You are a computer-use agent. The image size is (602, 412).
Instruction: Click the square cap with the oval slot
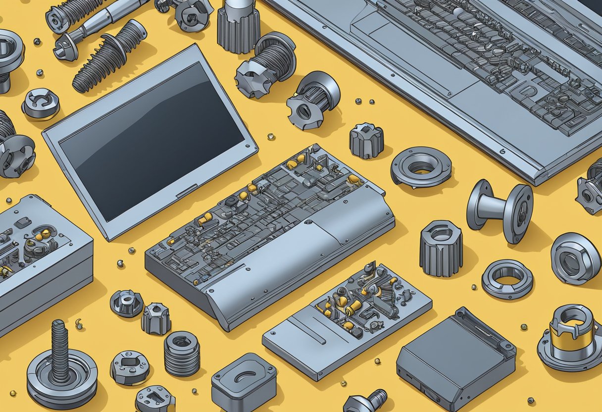tap(244, 381)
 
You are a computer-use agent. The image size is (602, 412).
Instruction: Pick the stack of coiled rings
tap(182, 353)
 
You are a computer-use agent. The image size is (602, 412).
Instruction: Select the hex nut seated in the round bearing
tap(575, 258)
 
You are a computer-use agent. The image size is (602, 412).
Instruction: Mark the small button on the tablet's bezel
tap(187, 191)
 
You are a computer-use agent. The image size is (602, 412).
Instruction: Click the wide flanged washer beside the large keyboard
tap(421, 166)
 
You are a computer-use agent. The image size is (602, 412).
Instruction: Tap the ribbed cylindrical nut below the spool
tap(441, 248)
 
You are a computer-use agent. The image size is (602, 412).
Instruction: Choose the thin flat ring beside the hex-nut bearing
tap(507, 279)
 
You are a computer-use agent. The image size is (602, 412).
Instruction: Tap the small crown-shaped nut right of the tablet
tap(366, 141)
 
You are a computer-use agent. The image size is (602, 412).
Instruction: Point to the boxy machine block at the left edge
tap(42, 262)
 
